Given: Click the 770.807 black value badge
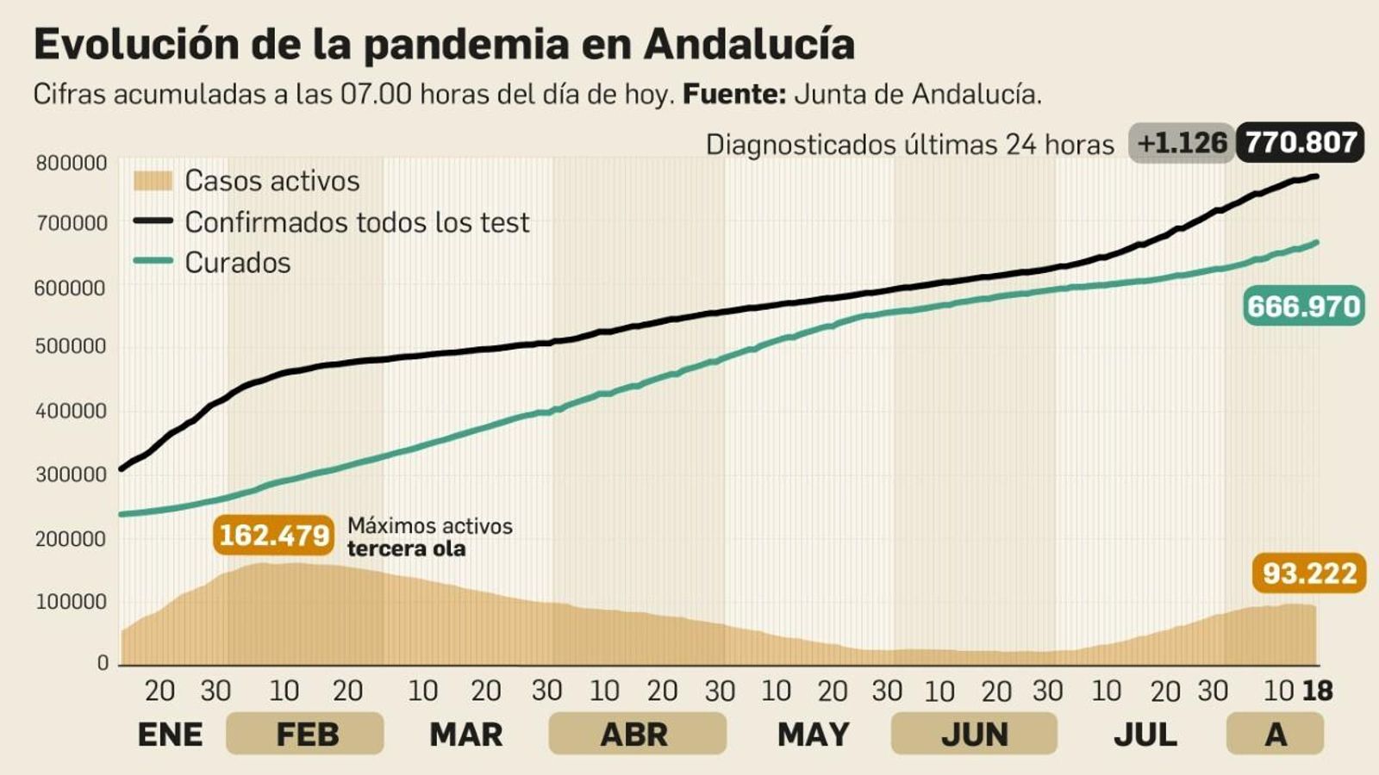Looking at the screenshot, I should (x=1300, y=142).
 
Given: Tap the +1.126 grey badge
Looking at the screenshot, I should (x=1182, y=143).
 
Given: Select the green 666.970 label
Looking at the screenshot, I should (x=1303, y=306).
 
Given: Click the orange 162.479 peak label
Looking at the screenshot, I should (x=273, y=535).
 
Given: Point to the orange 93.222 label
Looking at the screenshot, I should (x=1308, y=573).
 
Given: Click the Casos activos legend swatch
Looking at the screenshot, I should (x=153, y=181).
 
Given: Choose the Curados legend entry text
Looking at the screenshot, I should (x=238, y=263).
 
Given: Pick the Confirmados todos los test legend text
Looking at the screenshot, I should (x=357, y=222).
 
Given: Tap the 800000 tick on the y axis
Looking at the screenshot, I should (x=72, y=163).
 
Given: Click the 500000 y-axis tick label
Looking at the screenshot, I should (x=72, y=346).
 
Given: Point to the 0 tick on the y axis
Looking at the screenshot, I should (x=103, y=663).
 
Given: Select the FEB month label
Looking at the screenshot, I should (x=306, y=735).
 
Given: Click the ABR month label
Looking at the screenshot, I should (x=634, y=735).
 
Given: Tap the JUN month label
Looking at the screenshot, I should (x=974, y=735).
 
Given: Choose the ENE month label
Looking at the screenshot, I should (x=170, y=735).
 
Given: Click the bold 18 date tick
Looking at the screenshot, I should (x=1317, y=691).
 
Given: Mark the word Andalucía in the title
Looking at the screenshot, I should (x=749, y=44).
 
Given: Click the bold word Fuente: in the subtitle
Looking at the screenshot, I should (x=733, y=94).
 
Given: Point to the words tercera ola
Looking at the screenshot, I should (x=406, y=549).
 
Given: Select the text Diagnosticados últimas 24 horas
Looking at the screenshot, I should (x=909, y=145).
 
